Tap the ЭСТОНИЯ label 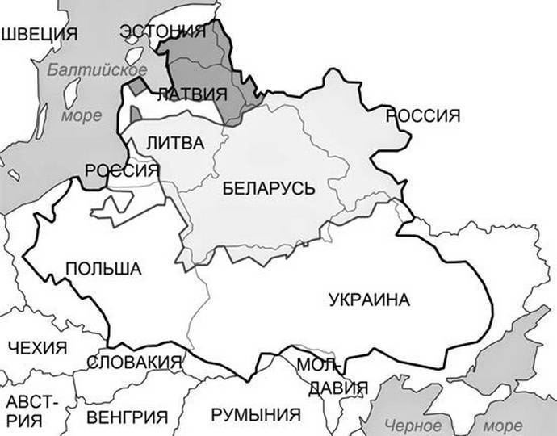pyautogui.click(x=162, y=31)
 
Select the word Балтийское pyautogui.click(x=90, y=69)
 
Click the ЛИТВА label pyautogui.click(x=176, y=142)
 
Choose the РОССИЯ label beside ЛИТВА pyautogui.click(x=121, y=170)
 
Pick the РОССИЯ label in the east pyautogui.click(x=429, y=115)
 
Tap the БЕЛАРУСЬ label pyautogui.click(x=266, y=188)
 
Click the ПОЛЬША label pyautogui.click(x=103, y=269)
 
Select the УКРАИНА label pyautogui.click(x=370, y=300)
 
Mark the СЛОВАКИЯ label pyautogui.click(x=134, y=363)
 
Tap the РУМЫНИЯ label pyautogui.click(x=255, y=415)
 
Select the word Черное pyautogui.click(x=413, y=426)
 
